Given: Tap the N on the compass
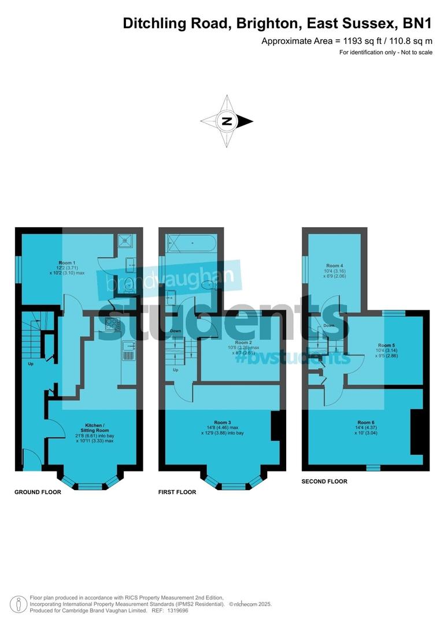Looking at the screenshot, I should tap(227, 121).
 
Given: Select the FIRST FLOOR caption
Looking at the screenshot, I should tap(177, 492).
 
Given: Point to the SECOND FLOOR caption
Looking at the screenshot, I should tap(325, 481).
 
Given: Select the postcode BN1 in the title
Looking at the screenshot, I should tap(416, 24).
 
